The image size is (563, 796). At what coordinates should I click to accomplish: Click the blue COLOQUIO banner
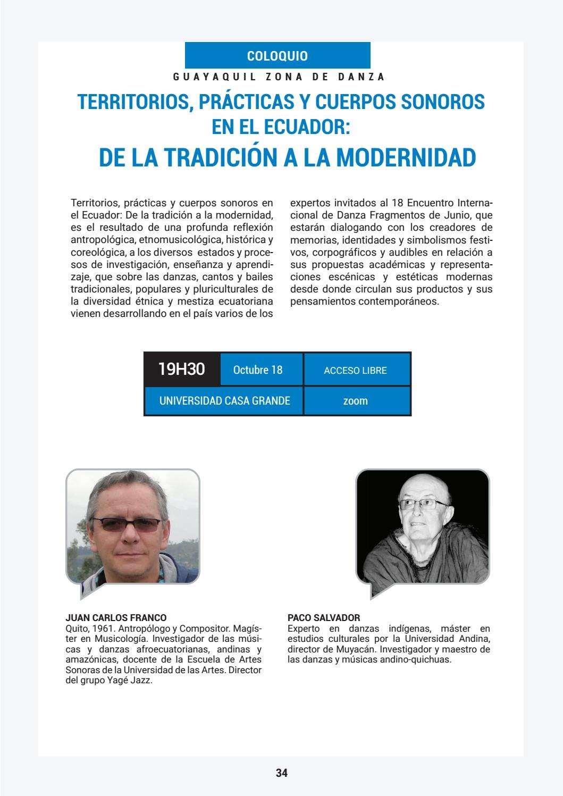point(277,56)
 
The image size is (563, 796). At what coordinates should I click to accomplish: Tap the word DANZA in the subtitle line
point(361,77)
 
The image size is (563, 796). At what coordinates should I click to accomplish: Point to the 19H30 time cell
point(181,369)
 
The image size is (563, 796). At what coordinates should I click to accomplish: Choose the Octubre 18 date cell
point(258,370)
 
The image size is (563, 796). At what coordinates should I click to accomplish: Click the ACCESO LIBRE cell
point(355,371)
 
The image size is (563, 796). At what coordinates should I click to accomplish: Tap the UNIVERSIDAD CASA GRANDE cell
point(224,400)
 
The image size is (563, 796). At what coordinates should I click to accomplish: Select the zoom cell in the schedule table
point(355,401)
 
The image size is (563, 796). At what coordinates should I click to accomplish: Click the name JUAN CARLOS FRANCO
point(115,618)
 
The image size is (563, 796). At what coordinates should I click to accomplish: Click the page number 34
point(281,773)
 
